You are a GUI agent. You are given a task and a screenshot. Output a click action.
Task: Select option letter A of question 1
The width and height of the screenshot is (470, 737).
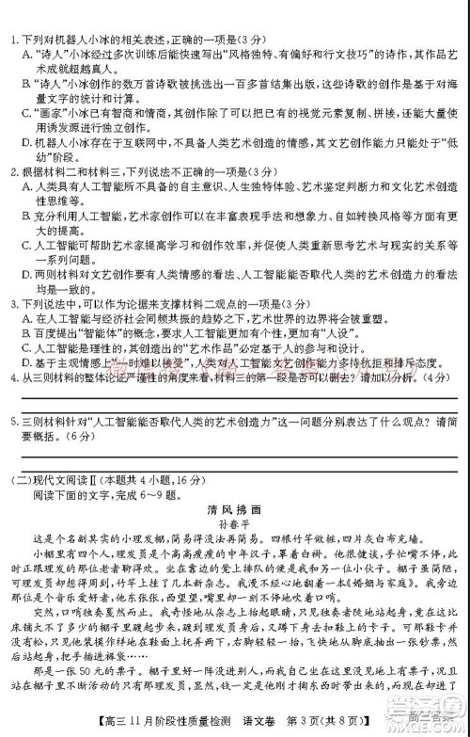tap(23, 53)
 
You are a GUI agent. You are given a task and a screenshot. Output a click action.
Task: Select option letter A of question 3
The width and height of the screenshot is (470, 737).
tap(23, 321)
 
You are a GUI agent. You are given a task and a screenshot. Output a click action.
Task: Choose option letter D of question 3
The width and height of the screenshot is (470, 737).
tap(23, 365)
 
